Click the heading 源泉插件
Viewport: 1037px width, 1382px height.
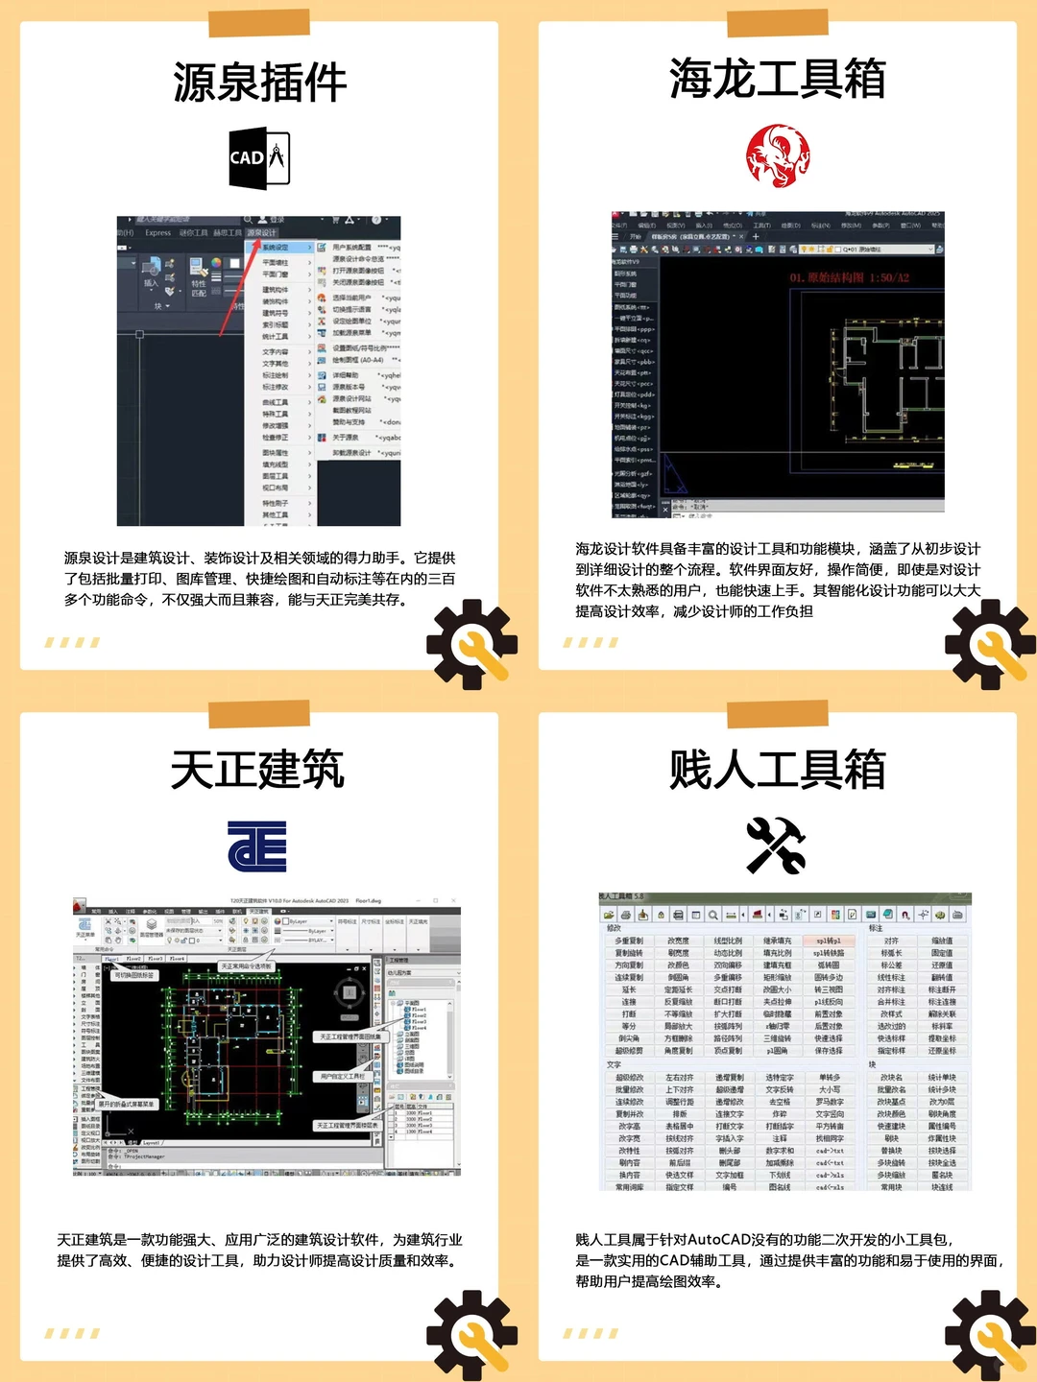[259, 82]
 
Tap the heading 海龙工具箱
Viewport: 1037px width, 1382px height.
[777, 79]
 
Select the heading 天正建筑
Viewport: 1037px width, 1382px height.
[257, 770]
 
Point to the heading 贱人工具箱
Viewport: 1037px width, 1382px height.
[777, 770]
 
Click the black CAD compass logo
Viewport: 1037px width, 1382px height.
[259, 157]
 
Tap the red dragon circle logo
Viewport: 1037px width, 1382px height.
[778, 155]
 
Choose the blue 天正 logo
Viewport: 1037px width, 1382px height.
[257, 846]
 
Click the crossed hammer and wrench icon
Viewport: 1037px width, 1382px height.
[776, 845]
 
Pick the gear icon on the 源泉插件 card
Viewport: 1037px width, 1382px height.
[471, 644]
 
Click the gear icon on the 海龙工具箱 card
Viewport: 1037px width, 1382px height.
[990, 644]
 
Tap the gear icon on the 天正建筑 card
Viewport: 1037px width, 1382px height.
[471, 1335]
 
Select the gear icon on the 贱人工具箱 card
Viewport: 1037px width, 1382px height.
[990, 1335]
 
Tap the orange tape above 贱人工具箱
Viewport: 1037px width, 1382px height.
[778, 714]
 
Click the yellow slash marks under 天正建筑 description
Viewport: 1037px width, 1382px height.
[72, 1333]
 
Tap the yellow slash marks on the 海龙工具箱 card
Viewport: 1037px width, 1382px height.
[591, 642]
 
